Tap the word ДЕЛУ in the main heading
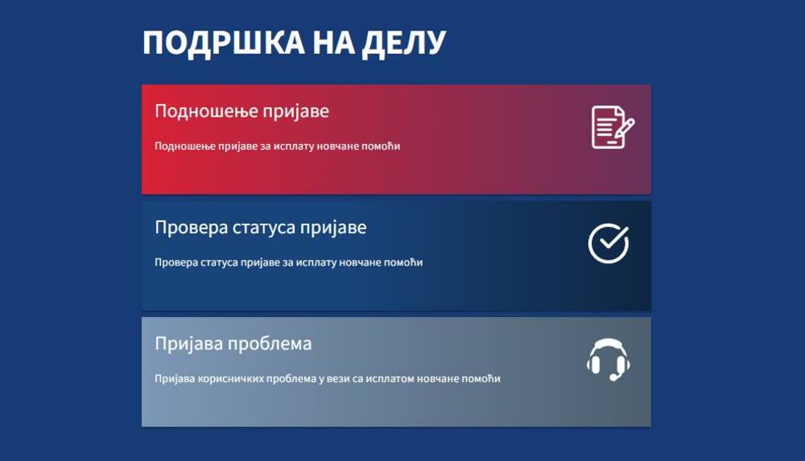pyautogui.click(x=404, y=43)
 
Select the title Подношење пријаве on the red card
pyautogui.click(x=242, y=111)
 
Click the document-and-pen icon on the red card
pyautogui.click(x=613, y=127)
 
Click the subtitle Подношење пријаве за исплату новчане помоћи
pyautogui.click(x=277, y=146)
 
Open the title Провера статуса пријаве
pyautogui.click(x=260, y=228)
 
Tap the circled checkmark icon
pyautogui.click(x=609, y=243)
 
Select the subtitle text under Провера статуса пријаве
pyautogui.click(x=288, y=262)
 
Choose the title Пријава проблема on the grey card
pyautogui.click(x=233, y=344)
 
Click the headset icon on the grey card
pyautogui.click(x=609, y=360)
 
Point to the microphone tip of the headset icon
pyautogui.click(x=613, y=378)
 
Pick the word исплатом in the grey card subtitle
pyautogui.click(x=389, y=379)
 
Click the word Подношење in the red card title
pyautogui.click(x=196, y=111)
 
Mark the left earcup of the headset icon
pyautogui.click(x=594, y=364)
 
